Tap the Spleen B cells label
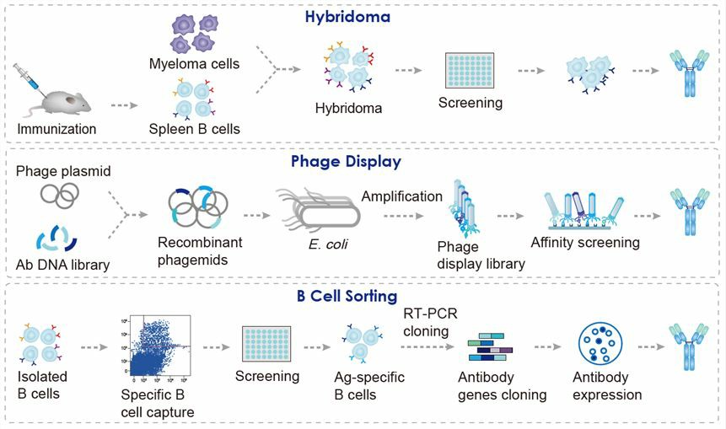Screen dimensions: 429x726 click(193, 129)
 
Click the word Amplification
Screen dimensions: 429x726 click(401, 196)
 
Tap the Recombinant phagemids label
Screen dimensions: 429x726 click(199, 250)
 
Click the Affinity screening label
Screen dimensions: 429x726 click(585, 243)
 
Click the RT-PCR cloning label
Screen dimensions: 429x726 click(426, 323)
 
